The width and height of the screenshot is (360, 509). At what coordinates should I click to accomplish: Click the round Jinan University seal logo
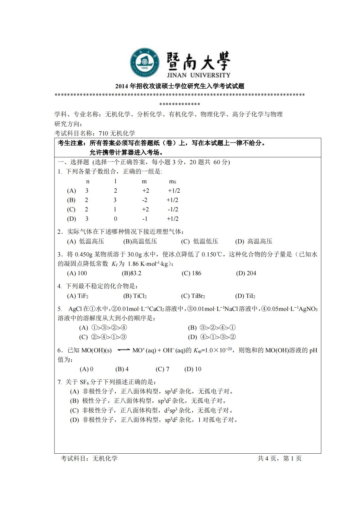click(x=145, y=63)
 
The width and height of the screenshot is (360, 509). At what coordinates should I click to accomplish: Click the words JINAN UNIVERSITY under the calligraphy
click(x=198, y=75)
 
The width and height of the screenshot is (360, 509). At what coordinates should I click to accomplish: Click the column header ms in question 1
click(x=172, y=181)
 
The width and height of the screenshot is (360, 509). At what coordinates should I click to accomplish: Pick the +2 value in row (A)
click(x=146, y=191)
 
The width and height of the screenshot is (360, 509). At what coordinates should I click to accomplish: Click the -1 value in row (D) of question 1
click(x=145, y=219)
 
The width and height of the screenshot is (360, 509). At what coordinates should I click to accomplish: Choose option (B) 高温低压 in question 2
click(x=140, y=241)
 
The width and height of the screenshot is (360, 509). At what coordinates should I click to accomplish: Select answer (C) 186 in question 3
click(x=191, y=273)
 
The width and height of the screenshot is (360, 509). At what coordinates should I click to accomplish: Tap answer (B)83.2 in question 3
click(x=132, y=273)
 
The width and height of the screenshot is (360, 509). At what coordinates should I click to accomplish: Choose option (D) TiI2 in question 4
click(x=245, y=296)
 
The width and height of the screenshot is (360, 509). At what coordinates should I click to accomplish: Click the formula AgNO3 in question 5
click(x=308, y=309)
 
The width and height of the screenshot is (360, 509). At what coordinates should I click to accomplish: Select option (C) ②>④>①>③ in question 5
click(x=103, y=337)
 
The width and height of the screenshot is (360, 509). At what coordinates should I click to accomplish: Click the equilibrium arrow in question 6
click(x=123, y=350)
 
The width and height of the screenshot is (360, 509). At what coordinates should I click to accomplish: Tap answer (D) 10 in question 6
click(x=193, y=369)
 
